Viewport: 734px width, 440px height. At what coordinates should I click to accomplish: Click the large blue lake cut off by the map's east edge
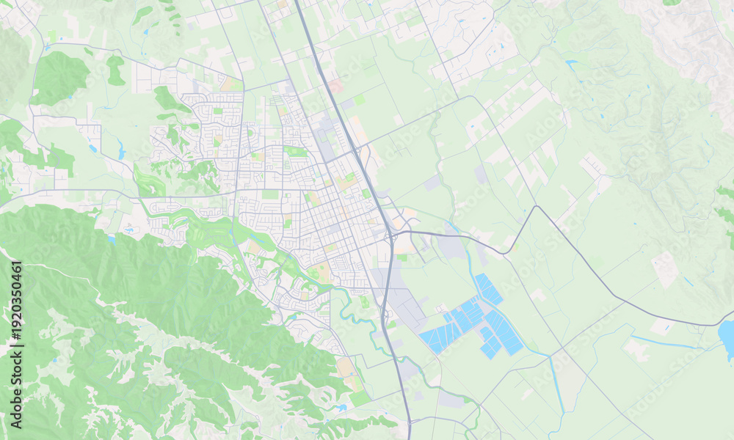(x=727, y=338)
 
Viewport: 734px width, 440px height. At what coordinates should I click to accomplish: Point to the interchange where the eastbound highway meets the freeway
(x=390, y=234)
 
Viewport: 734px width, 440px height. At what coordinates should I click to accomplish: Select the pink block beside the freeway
(x=335, y=87)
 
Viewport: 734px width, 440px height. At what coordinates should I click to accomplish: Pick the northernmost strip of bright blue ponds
(x=488, y=289)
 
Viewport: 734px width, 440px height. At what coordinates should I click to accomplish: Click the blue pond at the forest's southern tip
(x=340, y=407)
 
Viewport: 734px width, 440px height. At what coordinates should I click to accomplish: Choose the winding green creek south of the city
(x=352, y=308)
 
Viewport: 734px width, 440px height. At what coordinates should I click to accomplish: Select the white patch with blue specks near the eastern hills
(x=666, y=268)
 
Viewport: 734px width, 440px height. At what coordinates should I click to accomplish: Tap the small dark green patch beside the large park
(x=115, y=70)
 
